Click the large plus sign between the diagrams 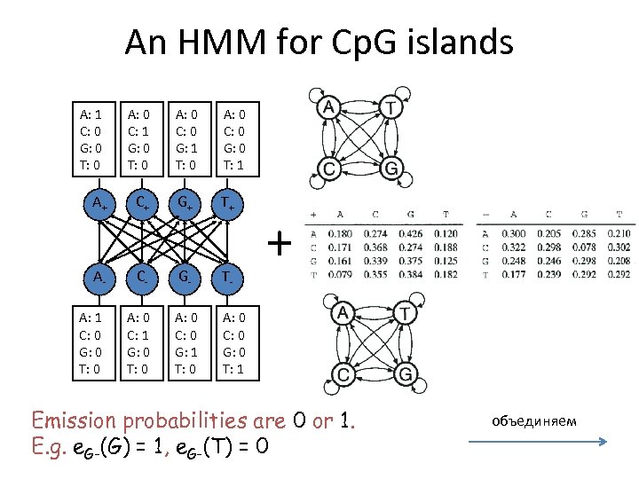(x=280, y=241)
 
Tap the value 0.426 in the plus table (x=411, y=233)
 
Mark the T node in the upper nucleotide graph (x=390, y=106)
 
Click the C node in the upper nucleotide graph (x=328, y=167)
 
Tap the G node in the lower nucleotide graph (x=406, y=374)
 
